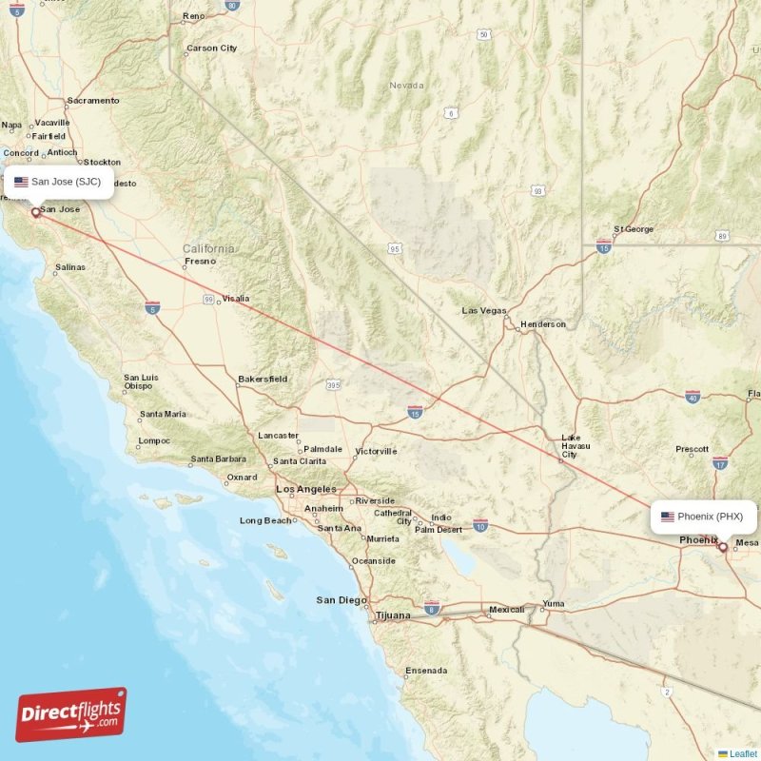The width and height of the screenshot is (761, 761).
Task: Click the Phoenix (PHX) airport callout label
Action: coord(703,517)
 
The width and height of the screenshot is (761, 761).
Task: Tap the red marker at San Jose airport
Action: coord(36,213)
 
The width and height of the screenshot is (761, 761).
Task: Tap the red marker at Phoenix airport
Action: coord(723,547)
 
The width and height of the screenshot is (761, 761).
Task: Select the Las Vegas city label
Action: coord(484,311)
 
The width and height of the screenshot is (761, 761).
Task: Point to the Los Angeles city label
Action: coord(304,489)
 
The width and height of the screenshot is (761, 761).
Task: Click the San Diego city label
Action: coord(341,600)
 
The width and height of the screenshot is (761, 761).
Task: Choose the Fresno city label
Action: coord(201,261)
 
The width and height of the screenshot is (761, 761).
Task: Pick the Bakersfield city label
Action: coord(263,379)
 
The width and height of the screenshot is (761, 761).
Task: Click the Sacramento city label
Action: coord(93,100)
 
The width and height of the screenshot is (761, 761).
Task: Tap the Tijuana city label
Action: coord(392,615)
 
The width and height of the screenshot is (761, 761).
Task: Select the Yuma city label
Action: coord(553,604)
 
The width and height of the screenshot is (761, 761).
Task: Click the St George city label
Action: coord(634,229)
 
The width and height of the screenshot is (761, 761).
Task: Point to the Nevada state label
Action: coord(406,86)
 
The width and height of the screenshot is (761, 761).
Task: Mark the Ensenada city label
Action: coord(426,671)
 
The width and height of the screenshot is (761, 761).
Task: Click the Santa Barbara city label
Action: coord(218,459)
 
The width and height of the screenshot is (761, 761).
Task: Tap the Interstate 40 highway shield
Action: coord(692,396)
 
